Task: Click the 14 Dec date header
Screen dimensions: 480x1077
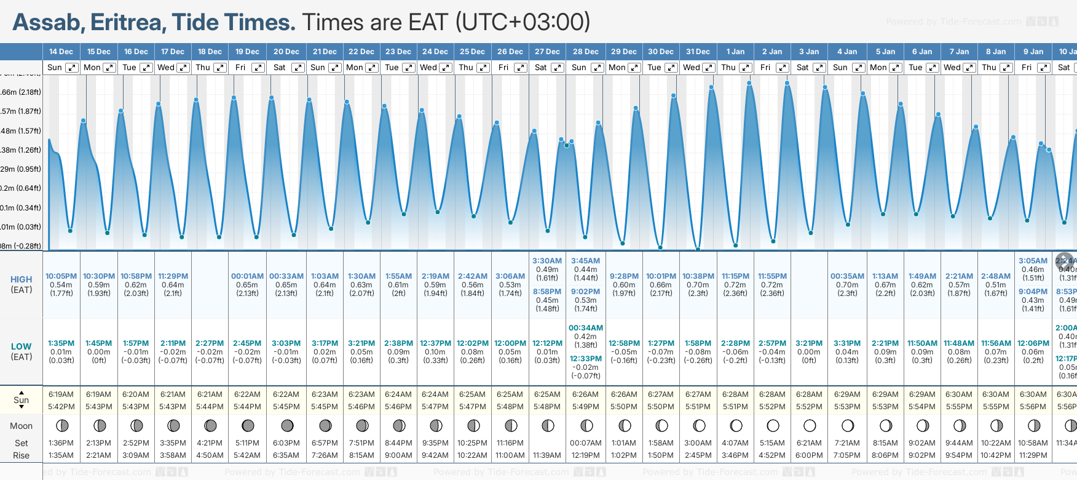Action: pyautogui.click(x=61, y=52)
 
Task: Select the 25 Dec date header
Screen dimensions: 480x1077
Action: pyautogui.click(x=472, y=52)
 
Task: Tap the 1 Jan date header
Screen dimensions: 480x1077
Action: pyautogui.click(x=735, y=52)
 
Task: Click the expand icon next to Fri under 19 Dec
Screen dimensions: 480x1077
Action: pyautogui.click(x=258, y=68)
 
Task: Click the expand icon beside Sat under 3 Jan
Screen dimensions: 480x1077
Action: pyautogui.click(x=819, y=68)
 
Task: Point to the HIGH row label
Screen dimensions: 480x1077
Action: pyautogui.click(x=22, y=279)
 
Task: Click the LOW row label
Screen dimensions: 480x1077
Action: pyautogui.click(x=21, y=346)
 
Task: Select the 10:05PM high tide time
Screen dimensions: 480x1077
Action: pyautogui.click(x=61, y=276)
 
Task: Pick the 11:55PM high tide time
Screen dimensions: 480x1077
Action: pyautogui.click(x=772, y=276)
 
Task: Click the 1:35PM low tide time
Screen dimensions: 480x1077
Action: pyautogui.click(x=61, y=343)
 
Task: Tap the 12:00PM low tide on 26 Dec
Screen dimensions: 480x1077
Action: pyautogui.click(x=510, y=343)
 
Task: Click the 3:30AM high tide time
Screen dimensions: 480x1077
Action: pyautogui.click(x=547, y=261)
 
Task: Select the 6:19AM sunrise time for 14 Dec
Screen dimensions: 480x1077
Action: pyautogui.click(x=61, y=394)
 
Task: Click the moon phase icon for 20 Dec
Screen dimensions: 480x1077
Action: pyautogui.click(x=287, y=426)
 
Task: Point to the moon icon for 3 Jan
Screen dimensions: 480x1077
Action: pyautogui.click(x=810, y=426)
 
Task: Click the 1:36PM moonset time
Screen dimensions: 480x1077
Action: pyautogui.click(x=61, y=443)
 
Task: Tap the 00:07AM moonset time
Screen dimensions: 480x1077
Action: pyautogui.click(x=585, y=443)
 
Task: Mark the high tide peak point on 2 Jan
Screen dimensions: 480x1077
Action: pyautogui.click(x=787, y=83)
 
